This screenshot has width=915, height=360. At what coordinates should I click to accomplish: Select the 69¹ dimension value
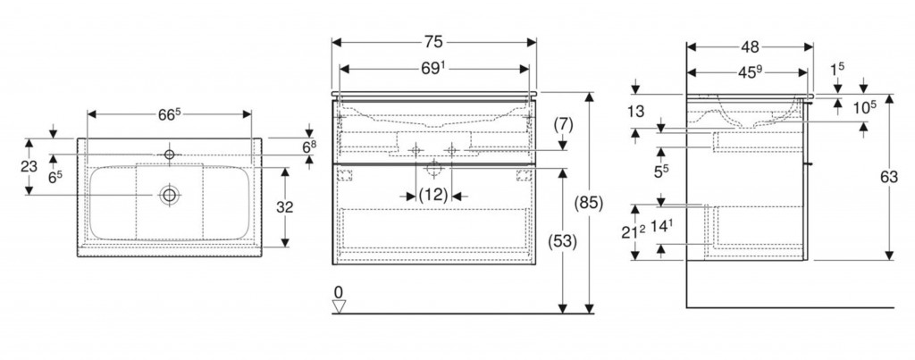(x=435, y=66)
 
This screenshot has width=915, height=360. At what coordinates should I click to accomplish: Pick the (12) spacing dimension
(x=434, y=195)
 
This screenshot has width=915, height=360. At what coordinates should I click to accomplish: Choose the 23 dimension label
(x=29, y=165)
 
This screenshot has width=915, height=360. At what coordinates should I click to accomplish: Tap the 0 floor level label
(x=338, y=291)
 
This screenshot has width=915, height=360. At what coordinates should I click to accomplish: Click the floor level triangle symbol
(x=338, y=306)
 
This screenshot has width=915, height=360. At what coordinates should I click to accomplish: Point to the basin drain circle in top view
(x=168, y=194)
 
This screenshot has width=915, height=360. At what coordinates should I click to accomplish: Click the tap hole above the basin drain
(x=169, y=155)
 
